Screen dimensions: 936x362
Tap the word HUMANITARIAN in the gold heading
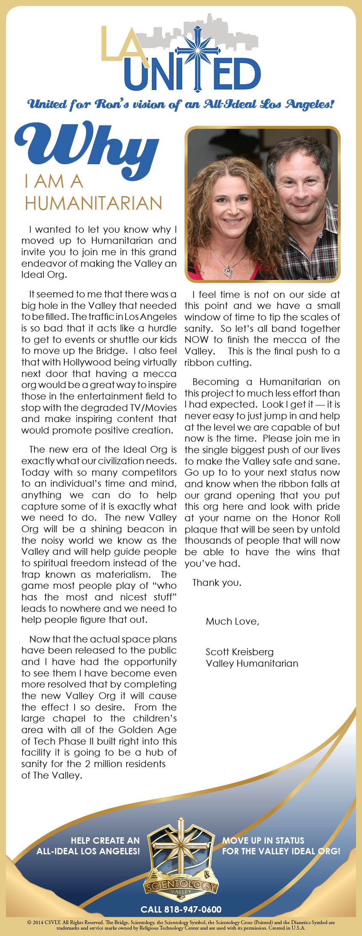pyautogui.click(x=93, y=203)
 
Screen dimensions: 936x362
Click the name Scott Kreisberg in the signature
pyautogui.click(x=239, y=652)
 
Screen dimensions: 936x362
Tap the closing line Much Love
pyautogui.click(x=232, y=621)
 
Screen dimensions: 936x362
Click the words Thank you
pyautogui.click(x=217, y=582)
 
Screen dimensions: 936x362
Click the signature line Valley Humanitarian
pyautogui.click(x=252, y=663)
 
